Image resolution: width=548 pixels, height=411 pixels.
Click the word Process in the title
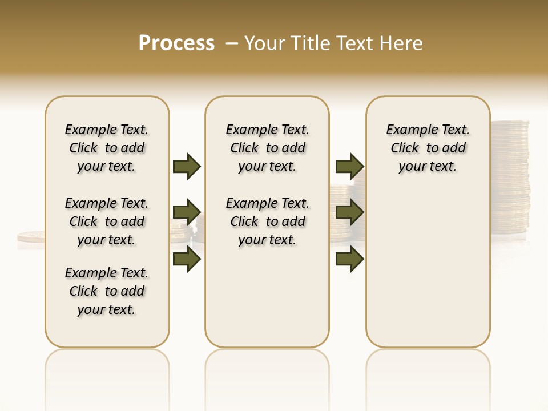pyautogui.click(x=176, y=43)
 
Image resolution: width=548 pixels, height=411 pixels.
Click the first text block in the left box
pyautogui.click(x=107, y=148)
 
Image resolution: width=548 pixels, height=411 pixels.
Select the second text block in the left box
pyautogui.click(x=107, y=221)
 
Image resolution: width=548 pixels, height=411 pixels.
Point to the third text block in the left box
pyautogui.click(x=107, y=291)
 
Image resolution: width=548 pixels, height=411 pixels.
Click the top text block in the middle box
pyautogui.click(x=267, y=148)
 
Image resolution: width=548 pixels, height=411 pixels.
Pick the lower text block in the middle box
pyautogui.click(x=267, y=221)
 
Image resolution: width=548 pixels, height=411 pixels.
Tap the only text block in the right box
pyautogui.click(x=428, y=148)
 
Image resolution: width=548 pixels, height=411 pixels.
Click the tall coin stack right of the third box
pyautogui.click(x=510, y=177)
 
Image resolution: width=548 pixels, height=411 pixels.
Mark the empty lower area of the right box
pyautogui.click(x=428, y=268)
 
